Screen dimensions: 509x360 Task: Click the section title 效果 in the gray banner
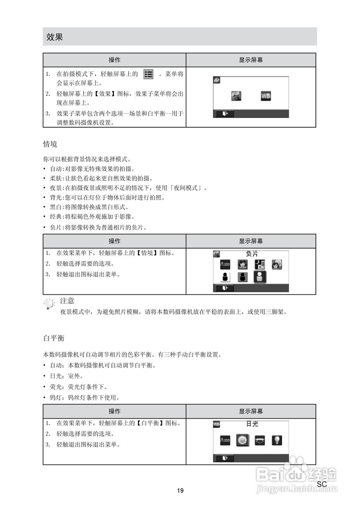pos(54,37)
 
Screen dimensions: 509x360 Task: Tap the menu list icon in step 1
pos(148,74)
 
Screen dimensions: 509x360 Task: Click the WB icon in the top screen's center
pos(266,96)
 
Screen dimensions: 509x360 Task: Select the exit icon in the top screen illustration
pos(226,114)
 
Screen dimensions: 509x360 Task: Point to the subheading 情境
pos(50,144)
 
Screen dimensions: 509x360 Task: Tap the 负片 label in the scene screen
pos(251,253)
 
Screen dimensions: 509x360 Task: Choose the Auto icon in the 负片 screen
pos(225,264)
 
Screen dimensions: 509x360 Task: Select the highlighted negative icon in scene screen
pos(260,277)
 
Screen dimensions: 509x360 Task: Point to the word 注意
pos(67,301)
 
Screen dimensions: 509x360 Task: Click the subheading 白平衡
pos(54,338)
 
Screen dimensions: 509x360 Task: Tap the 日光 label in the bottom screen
pos(252,424)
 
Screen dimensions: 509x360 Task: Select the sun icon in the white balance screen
pos(242,440)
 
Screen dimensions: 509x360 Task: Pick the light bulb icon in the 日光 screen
pos(277,440)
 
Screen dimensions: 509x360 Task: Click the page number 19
pos(180,491)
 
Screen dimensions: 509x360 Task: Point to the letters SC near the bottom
pos(322,484)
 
